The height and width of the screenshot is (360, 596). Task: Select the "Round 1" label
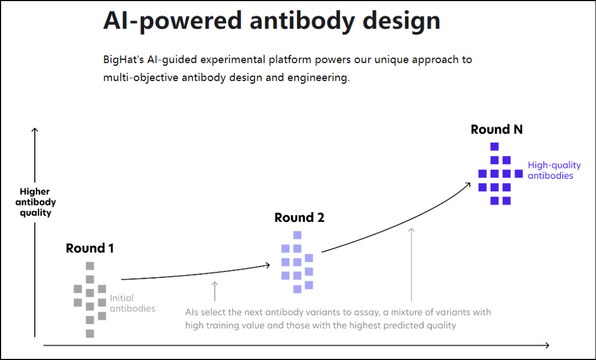(x=90, y=248)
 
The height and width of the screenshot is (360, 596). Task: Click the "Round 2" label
(x=299, y=218)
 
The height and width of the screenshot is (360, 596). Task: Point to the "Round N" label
(x=496, y=130)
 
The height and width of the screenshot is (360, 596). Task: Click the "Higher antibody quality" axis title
(x=35, y=202)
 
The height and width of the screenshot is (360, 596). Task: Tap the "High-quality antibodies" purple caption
(x=554, y=170)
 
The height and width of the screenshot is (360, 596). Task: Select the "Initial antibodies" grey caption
(x=132, y=303)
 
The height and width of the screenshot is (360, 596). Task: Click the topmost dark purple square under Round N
(x=494, y=147)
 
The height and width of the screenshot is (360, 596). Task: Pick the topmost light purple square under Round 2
(x=297, y=235)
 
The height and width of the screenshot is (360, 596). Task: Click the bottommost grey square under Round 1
(x=90, y=333)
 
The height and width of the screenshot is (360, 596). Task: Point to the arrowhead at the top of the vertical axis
(x=35, y=131)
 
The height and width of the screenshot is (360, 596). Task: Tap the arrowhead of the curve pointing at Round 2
(x=267, y=265)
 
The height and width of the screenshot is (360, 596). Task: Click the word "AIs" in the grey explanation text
(x=191, y=313)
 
